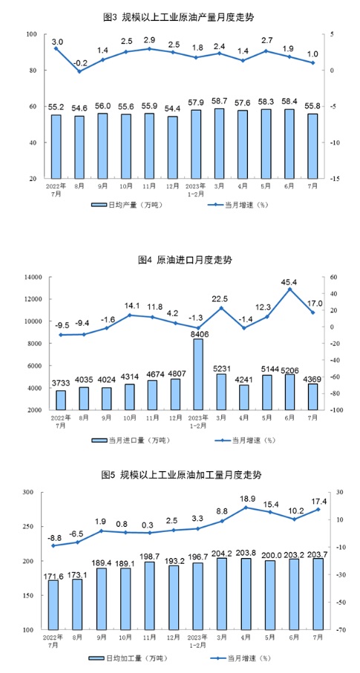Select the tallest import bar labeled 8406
tap(198, 374)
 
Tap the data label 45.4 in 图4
tap(289, 282)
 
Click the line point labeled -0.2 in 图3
tap(79, 71)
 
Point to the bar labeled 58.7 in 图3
tap(219, 143)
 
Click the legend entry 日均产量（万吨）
tap(128, 205)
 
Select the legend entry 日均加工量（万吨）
tap(128, 658)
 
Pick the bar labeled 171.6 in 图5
tap(53, 605)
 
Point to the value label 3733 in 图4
tap(61, 384)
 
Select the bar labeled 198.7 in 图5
tap(148, 596)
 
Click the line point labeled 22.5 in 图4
tap(221, 308)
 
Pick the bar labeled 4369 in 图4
tap(312, 397)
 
